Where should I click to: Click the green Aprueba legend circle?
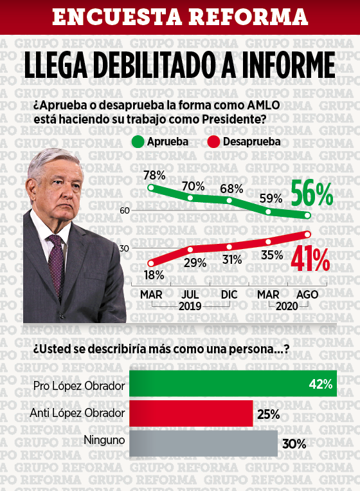138,142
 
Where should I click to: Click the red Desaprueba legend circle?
213,142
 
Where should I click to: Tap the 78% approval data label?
154,175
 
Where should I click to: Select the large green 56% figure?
312,194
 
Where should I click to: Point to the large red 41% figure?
310,259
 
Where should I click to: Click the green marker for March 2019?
151,187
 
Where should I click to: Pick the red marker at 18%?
151,263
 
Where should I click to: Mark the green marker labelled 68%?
230,200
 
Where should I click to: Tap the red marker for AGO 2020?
307,234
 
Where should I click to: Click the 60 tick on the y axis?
125,210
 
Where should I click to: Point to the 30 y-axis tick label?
124,248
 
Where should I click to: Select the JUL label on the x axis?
190,294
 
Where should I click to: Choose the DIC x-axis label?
230,294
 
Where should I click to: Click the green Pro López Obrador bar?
233,384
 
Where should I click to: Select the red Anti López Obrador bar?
191,413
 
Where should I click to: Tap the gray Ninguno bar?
203,443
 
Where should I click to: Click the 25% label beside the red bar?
268,414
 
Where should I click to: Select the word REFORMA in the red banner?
249,17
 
